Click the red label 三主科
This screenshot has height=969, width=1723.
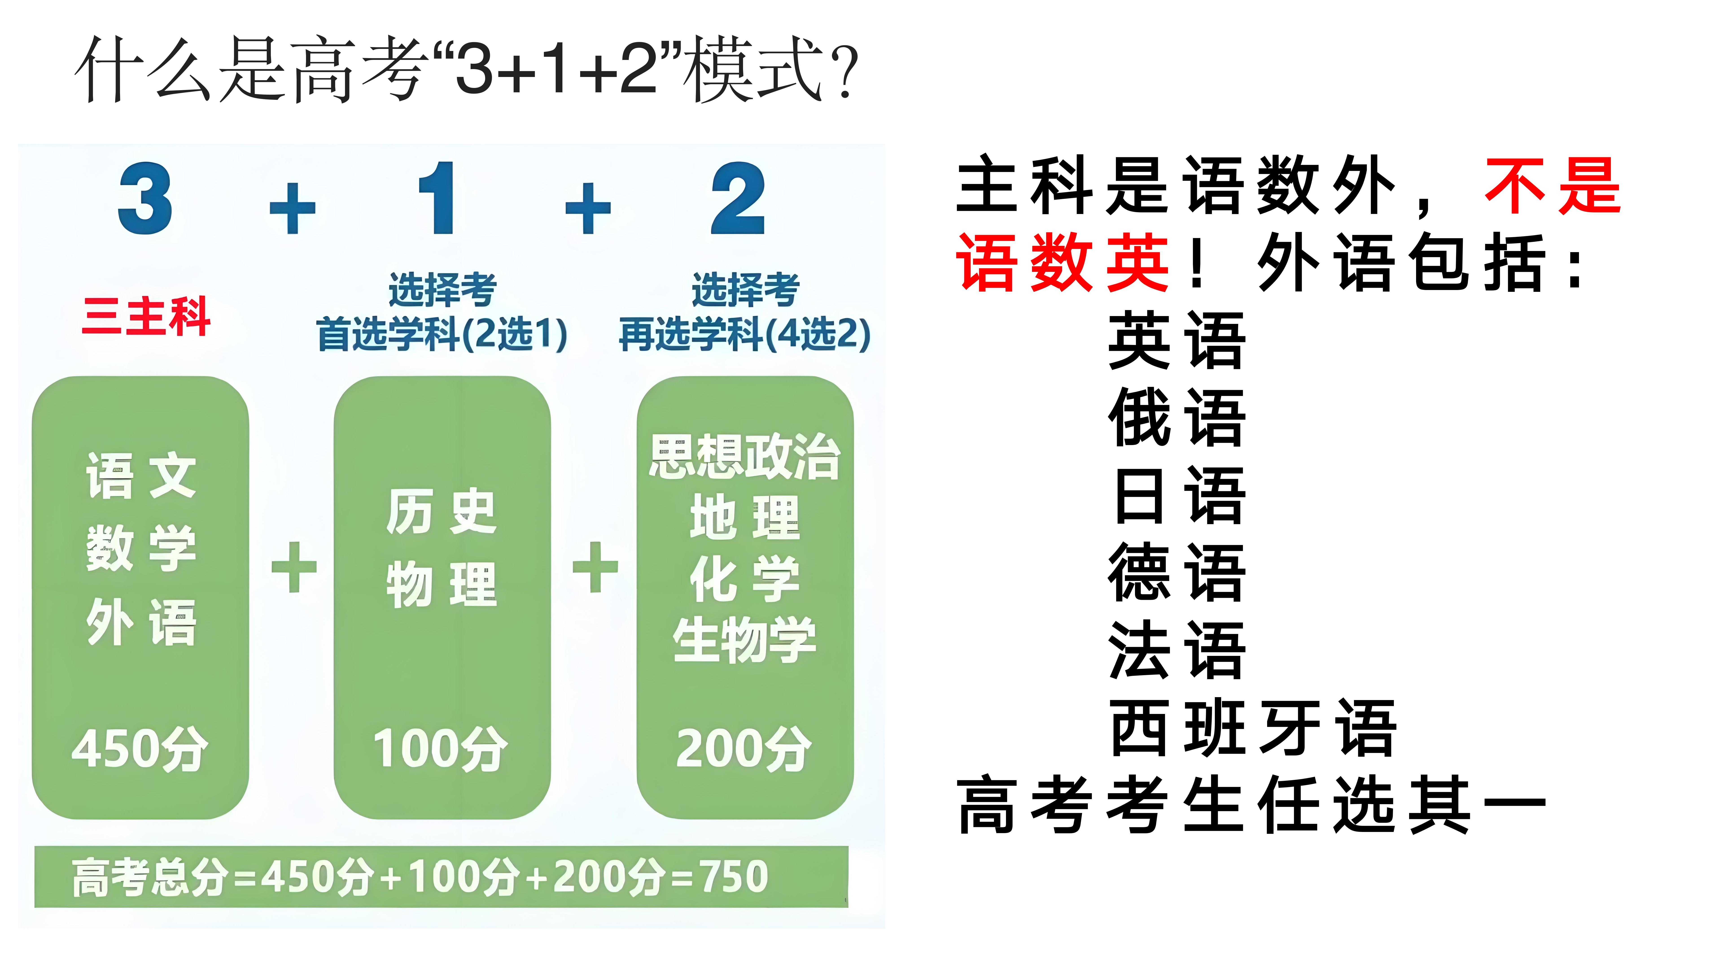(x=146, y=316)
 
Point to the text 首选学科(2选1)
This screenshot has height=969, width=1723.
(x=442, y=334)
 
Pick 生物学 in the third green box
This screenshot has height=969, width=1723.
(x=744, y=640)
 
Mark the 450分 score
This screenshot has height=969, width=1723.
(x=140, y=748)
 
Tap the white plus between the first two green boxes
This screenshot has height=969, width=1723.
(x=294, y=567)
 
